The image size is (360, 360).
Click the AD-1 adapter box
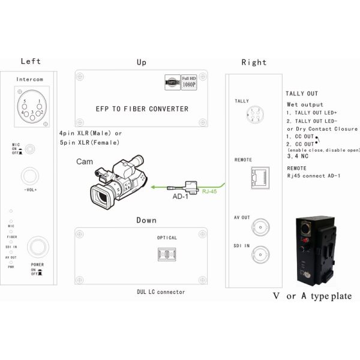(x=191, y=181)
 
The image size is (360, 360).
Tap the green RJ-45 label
(x=209, y=191)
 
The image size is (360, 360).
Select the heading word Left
(x=31, y=61)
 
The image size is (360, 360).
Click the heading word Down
(x=146, y=220)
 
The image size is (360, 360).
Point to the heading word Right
(x=253, y=62)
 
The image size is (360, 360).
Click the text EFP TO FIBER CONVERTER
(x=142, y=109)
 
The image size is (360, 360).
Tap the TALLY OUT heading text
(x=302, y=94)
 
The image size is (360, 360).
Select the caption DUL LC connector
(x=157, y=292)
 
